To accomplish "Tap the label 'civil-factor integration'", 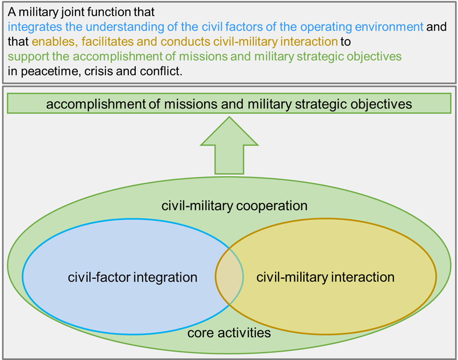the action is (133, 277).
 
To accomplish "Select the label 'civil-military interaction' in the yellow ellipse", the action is (325, 277).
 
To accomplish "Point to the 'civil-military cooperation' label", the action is (234, 206).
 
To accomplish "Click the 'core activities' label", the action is (229, 333).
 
